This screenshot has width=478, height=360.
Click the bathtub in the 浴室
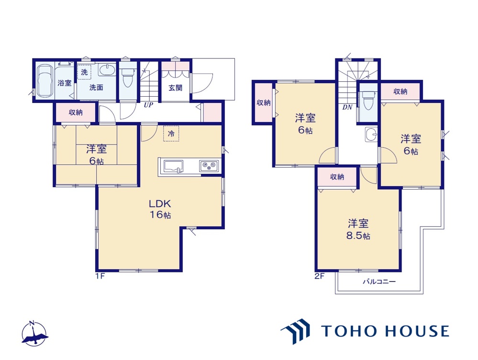coord(44,80)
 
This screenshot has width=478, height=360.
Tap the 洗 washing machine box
coord(84,72)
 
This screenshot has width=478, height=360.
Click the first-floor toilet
coord(128,77)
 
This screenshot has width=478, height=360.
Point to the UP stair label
coord(148,105)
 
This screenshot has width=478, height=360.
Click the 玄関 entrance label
coord(175,88)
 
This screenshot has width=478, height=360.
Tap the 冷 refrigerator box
coord(171,133)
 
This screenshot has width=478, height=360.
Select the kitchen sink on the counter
coord(174,167)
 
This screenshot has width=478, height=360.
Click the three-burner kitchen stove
coord(209,166)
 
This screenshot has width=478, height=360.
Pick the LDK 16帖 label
coord(160,209)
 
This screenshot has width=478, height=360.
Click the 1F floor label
coord(100,276)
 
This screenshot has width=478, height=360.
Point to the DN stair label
coord(347,107)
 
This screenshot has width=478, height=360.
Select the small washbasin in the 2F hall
coord(371,134)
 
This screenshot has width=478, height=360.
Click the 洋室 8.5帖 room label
coord(358,229)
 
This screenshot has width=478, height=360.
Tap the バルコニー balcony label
coord(379,281)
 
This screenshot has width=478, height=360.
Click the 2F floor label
coord(320,276)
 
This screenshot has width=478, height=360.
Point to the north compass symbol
coord(34,333)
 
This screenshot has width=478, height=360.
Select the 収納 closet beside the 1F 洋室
coord(76,112)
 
